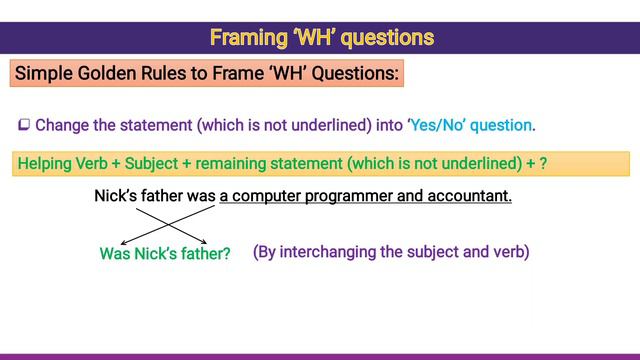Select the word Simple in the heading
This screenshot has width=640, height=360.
(46, 74)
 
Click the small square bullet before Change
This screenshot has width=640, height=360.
(24, 126)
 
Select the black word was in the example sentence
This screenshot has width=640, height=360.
(201, 196)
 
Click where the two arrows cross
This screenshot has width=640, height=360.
(162, 223)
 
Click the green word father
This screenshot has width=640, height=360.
(206, 254)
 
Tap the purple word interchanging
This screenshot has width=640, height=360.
(326, 252)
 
